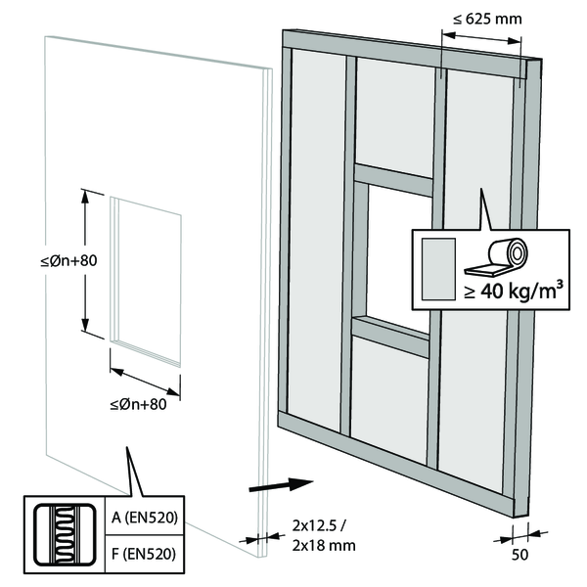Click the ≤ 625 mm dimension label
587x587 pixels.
(479, 20)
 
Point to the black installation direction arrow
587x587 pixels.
(280, 483)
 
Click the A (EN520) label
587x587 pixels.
(138, 518)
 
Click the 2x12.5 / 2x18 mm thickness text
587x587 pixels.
(324, 535)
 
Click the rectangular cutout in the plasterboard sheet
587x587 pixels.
(147, 280)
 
